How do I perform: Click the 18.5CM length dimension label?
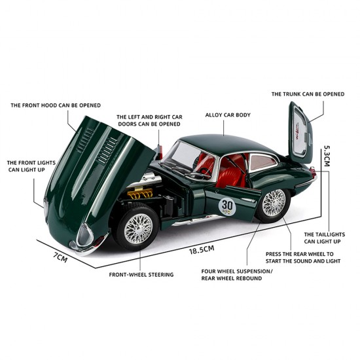pyautogui.click(x=202, y=249)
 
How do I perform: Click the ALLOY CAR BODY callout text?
pyautogui.click(x=228, y=115)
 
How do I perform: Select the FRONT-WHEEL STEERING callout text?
pyautogui.click(x=141, y=274)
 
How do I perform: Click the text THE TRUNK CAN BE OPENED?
pyautogui.click(x=308, y=94)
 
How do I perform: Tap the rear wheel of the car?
pyautogui.click(x=273, y=204)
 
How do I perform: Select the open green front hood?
pyautogui.click(x=98, y=164)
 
